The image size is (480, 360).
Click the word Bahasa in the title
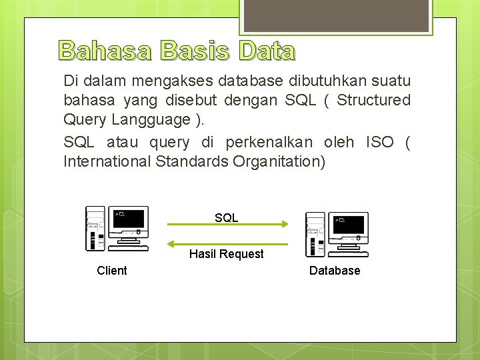[x=105, y=50]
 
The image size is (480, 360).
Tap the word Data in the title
[x=265, y=50]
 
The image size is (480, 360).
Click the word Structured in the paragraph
[x=373, y=100]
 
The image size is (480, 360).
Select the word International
[x=107, y=161]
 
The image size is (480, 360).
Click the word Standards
[x=193, y=161]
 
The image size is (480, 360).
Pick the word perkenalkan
[x=269, y=143]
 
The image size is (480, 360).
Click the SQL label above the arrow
[x=227, y=218]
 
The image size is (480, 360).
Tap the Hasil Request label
[x=227, y=254]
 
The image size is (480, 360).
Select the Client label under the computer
[x=112, y=270]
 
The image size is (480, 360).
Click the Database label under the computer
[x=335, y=270]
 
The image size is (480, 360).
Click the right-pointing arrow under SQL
[x=227, y=225]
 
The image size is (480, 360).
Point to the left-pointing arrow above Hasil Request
[x=227, y=244]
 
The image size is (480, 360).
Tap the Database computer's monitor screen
[x=350, y=223]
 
